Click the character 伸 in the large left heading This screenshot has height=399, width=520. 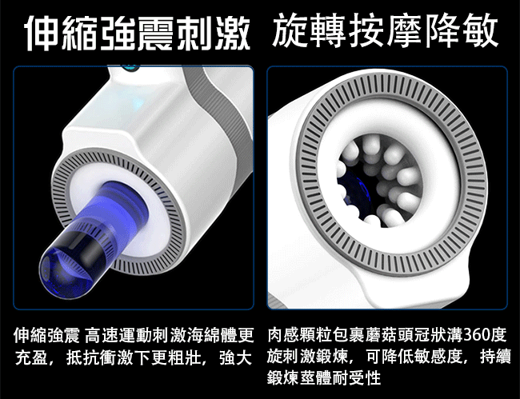pos(43,33)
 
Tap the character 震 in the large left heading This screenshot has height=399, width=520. pos(156,33)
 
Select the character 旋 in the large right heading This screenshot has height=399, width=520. pos(291,30)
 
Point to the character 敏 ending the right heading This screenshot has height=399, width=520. pos(480,30)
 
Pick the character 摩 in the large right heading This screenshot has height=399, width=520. pos(405,30)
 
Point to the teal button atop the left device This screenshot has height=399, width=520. pos(130,68)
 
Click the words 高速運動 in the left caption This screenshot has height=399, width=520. pos(118,335)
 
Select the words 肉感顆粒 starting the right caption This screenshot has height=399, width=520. pos(301,335)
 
